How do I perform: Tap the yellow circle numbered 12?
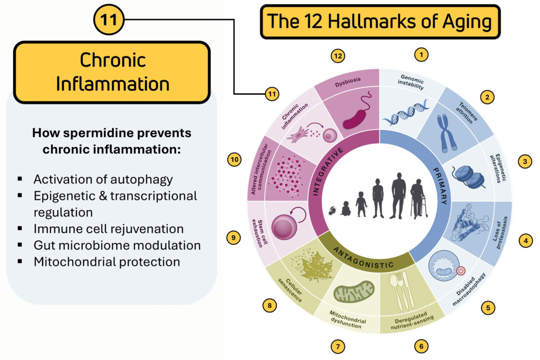click(337, 55)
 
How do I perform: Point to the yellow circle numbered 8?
click(269, 304)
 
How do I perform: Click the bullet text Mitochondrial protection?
click(107, 261)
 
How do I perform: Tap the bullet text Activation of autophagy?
click(103, 179)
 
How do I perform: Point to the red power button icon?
click(461, 271)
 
